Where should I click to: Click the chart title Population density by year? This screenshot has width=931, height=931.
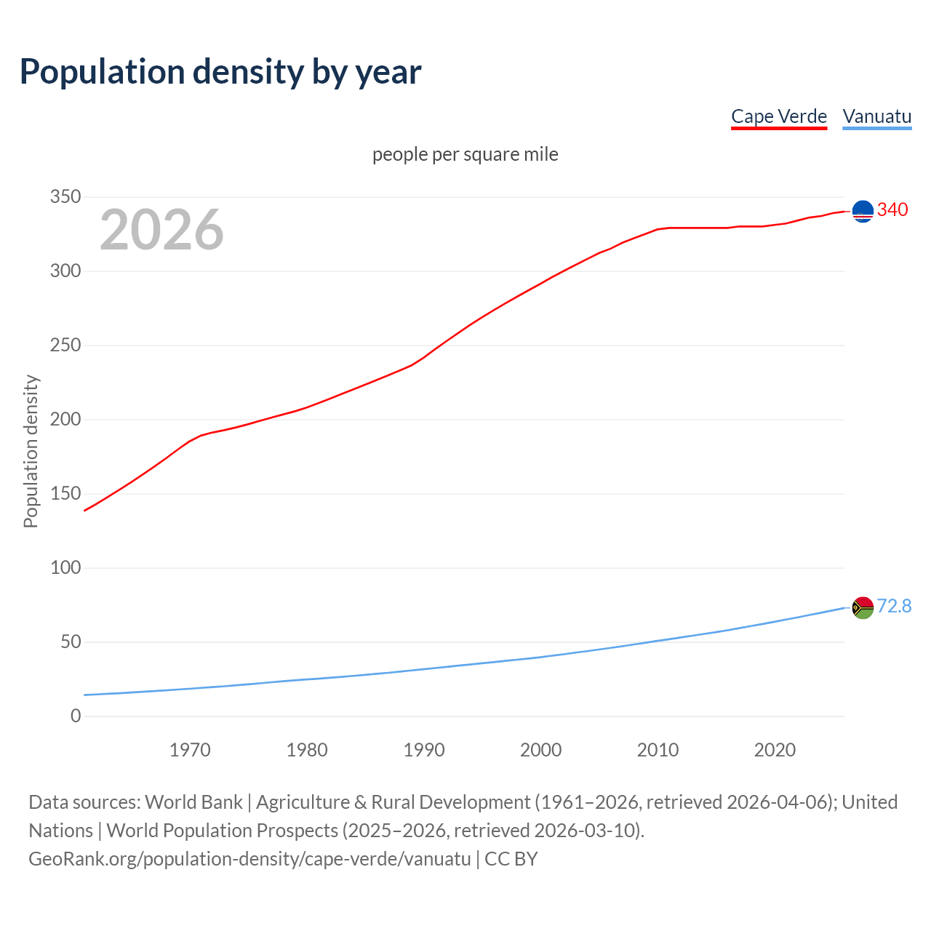[220, 71]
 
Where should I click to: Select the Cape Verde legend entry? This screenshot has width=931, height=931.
[779, 116]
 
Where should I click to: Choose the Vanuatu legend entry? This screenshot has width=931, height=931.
[876, 116]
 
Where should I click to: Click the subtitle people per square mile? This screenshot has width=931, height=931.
[465, 154]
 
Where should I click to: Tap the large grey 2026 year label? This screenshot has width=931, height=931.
[161, 230]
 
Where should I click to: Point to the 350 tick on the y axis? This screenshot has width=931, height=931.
[65, 197]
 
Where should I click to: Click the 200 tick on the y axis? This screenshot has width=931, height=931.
[65, 420]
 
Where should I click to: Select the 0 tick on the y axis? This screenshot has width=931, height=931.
[76, 716]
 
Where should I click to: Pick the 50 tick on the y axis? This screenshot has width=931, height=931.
[71, 642]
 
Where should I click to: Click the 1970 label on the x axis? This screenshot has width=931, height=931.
[190, 750]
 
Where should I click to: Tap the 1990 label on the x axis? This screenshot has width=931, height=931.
[424, 750]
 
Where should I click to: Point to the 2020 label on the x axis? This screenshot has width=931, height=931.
[775, 750]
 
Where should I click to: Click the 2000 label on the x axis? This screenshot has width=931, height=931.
[541, 750]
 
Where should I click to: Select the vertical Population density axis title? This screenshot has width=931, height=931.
[31, 451]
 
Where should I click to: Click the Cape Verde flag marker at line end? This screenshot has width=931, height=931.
[863, 211]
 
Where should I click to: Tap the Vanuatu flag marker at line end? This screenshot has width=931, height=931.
[863, 607]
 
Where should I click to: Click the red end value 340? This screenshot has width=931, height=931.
[892, 209]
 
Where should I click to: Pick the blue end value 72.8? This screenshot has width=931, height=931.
[894, 606]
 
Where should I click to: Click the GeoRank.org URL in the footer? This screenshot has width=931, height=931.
[249, 859]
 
